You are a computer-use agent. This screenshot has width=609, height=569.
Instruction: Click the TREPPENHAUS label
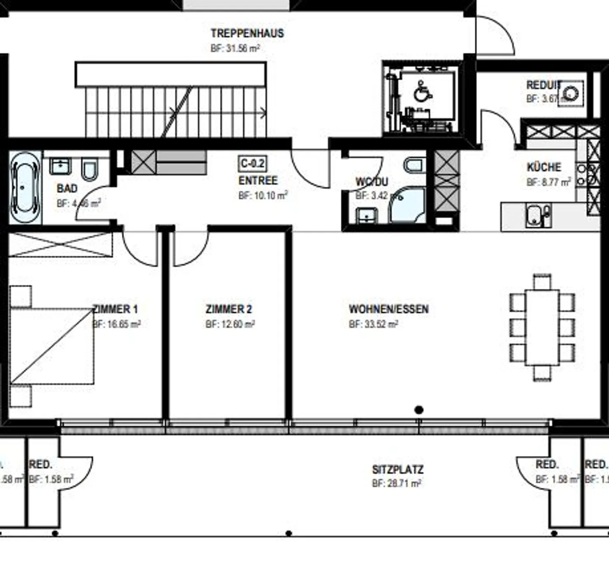247,33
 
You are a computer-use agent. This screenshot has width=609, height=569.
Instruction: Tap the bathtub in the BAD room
25,187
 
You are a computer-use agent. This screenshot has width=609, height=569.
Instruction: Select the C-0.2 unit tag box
253,164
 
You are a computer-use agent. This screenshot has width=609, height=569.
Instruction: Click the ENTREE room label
258,181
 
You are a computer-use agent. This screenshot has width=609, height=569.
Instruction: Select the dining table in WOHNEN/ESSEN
542,327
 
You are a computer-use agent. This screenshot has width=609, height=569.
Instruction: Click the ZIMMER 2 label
229,309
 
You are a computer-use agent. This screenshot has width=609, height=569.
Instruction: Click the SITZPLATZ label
398,470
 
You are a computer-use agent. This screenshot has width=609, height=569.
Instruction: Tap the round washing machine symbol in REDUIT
571,93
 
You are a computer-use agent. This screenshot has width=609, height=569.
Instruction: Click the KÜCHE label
544,167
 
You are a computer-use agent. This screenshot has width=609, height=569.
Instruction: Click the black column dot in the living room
419,410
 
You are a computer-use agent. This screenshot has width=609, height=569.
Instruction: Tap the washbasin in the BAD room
60,166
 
